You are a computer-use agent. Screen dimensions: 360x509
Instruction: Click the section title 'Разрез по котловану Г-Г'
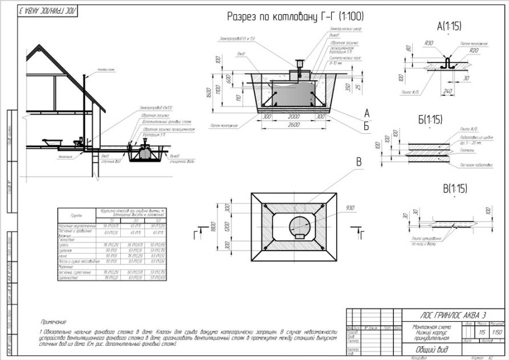point(295,16)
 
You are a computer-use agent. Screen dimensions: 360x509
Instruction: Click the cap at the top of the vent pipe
point(84,76)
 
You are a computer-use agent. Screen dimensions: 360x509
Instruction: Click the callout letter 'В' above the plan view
point(359,161)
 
